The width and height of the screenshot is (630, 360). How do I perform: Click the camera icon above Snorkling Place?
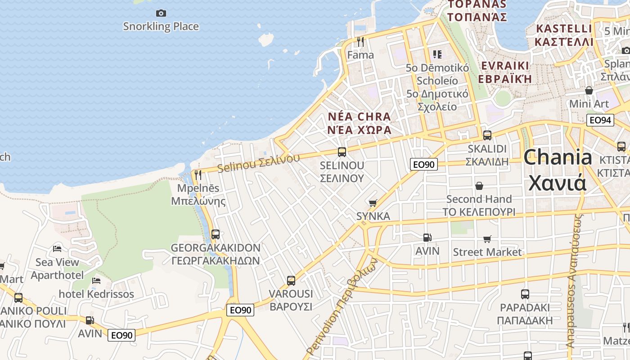[x=161, y=13]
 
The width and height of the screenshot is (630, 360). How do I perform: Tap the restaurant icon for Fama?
[x=360, y=42]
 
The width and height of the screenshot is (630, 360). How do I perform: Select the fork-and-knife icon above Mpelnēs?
[x=198, y=175]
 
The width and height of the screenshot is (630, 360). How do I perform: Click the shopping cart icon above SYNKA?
[x=373, y=203]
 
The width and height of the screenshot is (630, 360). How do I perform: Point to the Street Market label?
[x=487, y=252]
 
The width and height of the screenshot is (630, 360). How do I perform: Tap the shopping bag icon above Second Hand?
[x=479, y=186]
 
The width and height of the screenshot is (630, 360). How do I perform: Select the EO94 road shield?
[x=600, y=120]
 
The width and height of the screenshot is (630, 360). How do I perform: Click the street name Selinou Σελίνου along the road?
[x=258, y=163]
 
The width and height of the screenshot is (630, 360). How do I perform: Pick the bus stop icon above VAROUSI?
[x=291, y=281]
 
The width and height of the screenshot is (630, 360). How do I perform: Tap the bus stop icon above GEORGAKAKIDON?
[x=216, y=234]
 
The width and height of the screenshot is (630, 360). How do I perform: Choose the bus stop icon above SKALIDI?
[x=487, y=135]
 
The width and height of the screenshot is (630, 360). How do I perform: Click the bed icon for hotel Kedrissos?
[x=96, y=281]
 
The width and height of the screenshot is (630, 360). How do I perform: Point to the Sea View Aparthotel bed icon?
[x=57, y=248]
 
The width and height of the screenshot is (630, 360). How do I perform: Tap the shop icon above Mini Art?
[x=589, y=90]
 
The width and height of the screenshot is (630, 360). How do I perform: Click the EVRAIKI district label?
[x=504, y=66]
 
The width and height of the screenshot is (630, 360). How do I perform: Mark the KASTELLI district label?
[x=564, y=29]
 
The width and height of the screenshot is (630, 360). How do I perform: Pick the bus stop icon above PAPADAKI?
[x=525, y=294]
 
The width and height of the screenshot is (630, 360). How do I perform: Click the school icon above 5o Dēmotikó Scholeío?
[x=437, y=54]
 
